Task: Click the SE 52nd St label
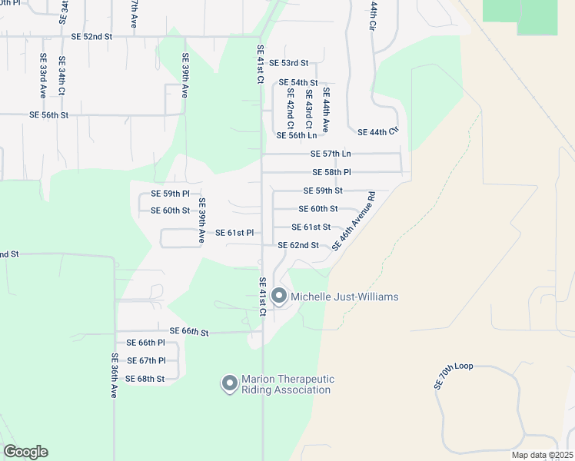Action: point(91,36)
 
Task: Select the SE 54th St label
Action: point(297,82)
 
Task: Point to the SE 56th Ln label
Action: point(296,135)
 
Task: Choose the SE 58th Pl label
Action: point(331,173)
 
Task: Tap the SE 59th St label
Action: point(323,191)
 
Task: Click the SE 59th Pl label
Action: point(170,194)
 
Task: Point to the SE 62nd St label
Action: point(298,245)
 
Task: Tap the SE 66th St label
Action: point(189,332)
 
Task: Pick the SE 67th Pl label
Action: point(146,360)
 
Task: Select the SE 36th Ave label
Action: point(114,375)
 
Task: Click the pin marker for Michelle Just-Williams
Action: point(279,296)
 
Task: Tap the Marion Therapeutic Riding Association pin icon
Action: point(229,383)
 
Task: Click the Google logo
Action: point(25,452)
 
